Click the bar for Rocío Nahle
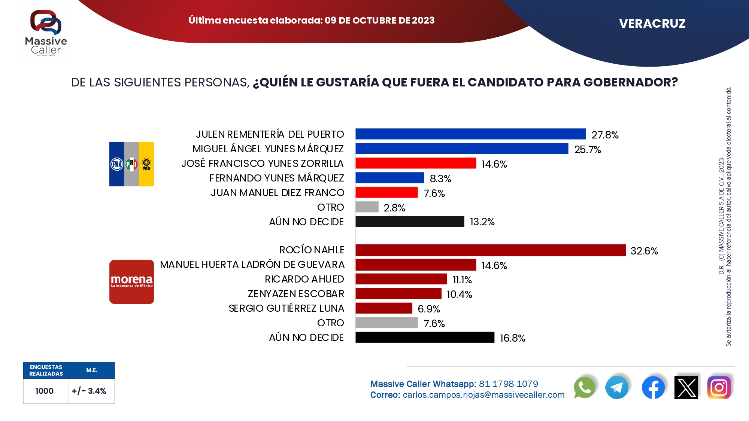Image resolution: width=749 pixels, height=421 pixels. [490, 250]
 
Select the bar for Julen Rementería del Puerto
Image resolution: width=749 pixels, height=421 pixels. [470, 134]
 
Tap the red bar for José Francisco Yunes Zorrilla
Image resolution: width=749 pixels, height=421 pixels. [416, 163]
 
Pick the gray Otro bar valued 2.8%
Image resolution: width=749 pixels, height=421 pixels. [367, 207]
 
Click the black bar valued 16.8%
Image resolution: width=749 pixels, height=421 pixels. [425, 337]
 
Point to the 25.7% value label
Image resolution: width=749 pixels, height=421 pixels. [587, 149]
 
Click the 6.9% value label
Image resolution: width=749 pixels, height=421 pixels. [429, 309]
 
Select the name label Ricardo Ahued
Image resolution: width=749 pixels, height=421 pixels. [304, 279]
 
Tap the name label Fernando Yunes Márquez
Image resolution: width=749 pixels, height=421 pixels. [276, 178]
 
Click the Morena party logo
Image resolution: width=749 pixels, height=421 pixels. [131, 282]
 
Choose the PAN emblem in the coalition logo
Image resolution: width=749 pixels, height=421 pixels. [117, 164]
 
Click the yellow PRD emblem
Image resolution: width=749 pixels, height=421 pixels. [146, 164]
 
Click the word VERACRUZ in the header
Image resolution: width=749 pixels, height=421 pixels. [652, 24]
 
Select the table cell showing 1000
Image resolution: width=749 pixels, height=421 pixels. [45, 391]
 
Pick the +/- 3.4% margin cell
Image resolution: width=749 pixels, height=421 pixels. [89, 391]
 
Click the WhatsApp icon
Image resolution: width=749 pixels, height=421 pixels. [584, 387]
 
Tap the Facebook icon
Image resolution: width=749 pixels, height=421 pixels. [653, 387]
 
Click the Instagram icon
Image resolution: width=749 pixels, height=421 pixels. [719, 387]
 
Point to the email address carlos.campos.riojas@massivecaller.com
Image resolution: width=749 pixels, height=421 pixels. [483, 395]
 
